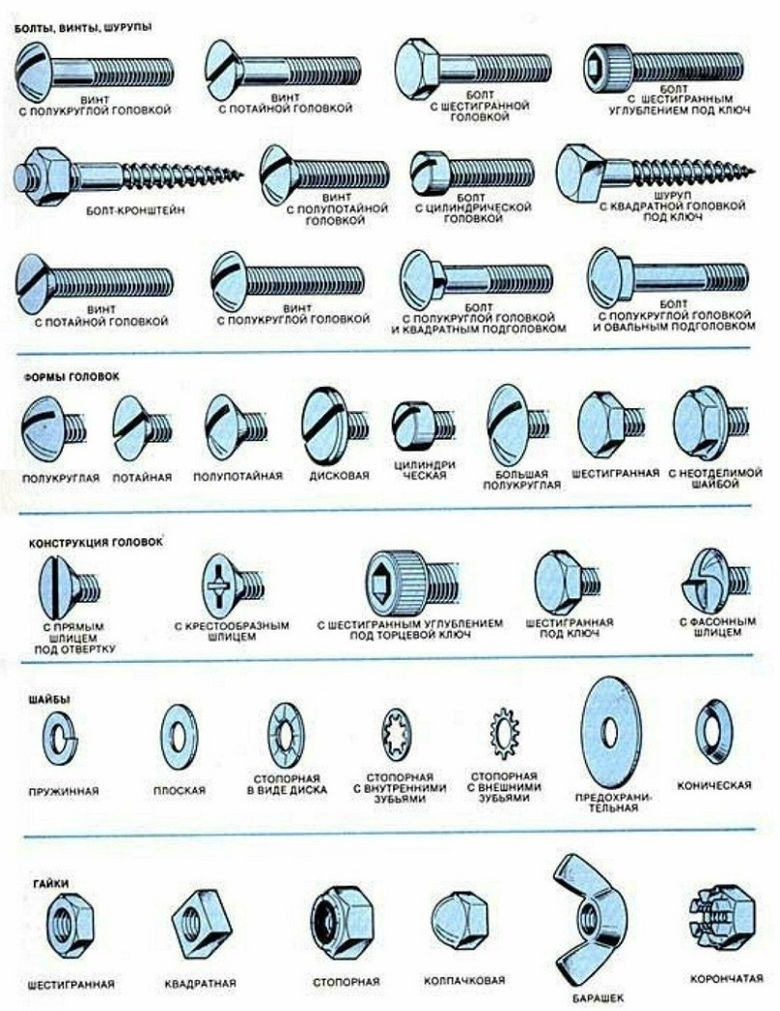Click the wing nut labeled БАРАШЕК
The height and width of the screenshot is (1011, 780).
coord(588,915)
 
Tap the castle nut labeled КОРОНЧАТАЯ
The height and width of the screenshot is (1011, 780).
coord(721,915)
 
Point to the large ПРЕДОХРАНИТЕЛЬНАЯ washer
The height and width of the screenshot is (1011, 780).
coord(610,732)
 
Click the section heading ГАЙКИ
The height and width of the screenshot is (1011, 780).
coord(50,884)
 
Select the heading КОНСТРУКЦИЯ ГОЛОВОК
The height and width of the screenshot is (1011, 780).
coord(96,542)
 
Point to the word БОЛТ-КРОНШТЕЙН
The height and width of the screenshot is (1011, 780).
coord(135,210)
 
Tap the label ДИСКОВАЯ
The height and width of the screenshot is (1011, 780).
coord(340,476)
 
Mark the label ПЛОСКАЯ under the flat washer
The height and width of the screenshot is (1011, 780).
coord(180,790)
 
